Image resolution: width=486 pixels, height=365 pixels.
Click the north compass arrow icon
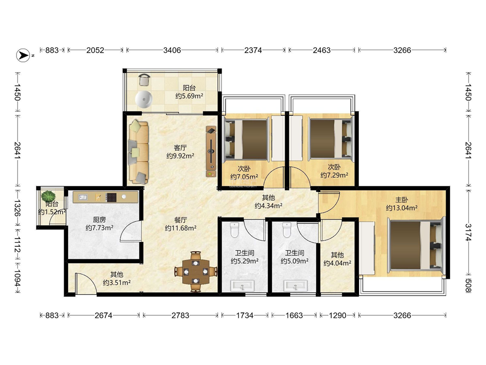[x=23, y=55]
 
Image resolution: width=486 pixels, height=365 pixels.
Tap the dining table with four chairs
[x=195, y=272]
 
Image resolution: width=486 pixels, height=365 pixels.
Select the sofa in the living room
[x=138, y=151]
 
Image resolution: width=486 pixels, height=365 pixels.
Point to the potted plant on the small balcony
[x=48, y=197]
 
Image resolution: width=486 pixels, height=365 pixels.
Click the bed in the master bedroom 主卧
[x=416, y=245]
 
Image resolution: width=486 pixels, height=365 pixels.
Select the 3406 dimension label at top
[x=172, y=50]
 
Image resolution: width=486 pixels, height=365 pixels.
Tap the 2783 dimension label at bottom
[x=180, y=315]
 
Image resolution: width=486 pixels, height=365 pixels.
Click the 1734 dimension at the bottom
[x=245, y=315]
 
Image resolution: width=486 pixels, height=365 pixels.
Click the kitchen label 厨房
[x=99, y=220]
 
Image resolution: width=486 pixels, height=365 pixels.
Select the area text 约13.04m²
[x=401, y=208]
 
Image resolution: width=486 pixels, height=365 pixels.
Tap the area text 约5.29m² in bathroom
[x=244, y=261]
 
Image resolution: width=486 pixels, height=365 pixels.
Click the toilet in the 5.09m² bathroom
[x=286, y=230]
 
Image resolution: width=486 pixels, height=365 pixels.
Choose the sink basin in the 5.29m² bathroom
[x=243, y=286]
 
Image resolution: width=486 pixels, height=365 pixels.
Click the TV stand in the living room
[x=211, y=152]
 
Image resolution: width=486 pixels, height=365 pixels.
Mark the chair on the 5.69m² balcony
[x=144, y=79]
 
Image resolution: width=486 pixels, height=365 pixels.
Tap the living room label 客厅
[x=180, y=148]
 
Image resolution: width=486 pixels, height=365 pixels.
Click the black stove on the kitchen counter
[x=111, y=198]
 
